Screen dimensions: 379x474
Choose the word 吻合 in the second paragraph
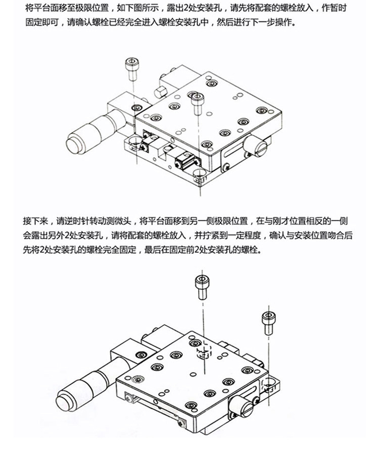pos(321,235)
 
